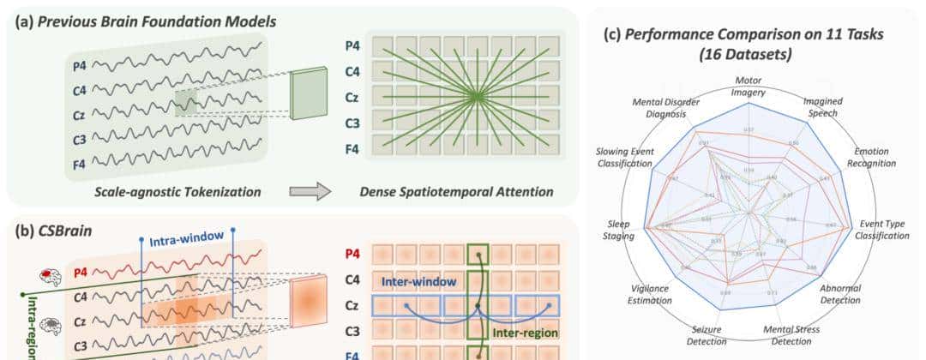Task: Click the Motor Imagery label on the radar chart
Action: pos(748,87)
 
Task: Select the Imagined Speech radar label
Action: pos(821,106)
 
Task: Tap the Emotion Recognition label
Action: pos(871,157)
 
